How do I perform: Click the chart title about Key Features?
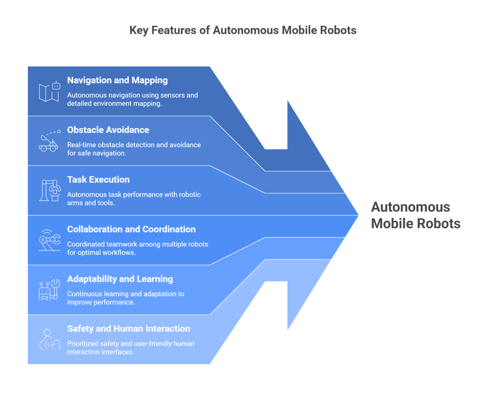point(243,30)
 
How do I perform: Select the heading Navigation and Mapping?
point(117,80)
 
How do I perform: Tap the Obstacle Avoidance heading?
point(108,130)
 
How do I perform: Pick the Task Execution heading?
point(98,179)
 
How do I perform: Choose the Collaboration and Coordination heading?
point(131,229)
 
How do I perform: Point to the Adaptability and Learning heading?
point(120,279)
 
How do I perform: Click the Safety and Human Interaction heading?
point(129,328)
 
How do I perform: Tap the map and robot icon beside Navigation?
point(49,91)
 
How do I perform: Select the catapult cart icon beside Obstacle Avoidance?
point(49,141)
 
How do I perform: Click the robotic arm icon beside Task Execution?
point(49,190)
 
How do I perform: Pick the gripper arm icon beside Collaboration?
point(49,240)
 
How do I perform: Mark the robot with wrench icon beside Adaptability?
point(49,290)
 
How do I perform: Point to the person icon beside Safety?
point(49,339)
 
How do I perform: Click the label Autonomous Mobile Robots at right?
point(415,215)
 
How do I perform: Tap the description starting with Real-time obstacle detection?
point(134,149)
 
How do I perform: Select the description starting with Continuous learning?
point(126,298)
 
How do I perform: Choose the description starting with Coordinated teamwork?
point(138,248)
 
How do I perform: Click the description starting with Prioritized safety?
point(131,347)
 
